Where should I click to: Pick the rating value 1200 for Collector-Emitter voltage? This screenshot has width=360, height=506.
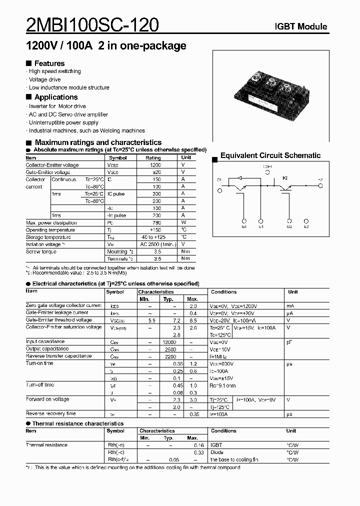point(155,165)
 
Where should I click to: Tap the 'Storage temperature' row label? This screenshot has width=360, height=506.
point(48,237)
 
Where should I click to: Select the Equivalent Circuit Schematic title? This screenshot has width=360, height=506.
point(270,155)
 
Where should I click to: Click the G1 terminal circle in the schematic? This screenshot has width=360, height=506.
point(244,220)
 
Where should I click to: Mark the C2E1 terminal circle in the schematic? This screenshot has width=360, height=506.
point(267,172)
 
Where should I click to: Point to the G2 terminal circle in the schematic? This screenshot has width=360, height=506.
point(289,220)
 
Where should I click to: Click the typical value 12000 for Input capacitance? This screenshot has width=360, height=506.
point(169,341)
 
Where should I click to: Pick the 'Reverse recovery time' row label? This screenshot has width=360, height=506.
point(51,413)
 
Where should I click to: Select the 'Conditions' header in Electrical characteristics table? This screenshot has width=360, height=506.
point(223,291)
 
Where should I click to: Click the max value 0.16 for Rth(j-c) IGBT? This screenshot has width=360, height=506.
point(199,445)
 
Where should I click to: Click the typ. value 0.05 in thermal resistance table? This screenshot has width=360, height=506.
point(173,459)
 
